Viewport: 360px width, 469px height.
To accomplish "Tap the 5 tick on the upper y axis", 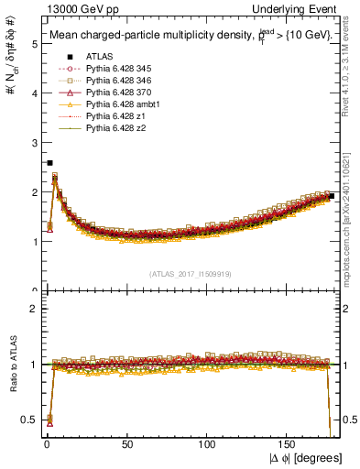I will click(x=34, y=43).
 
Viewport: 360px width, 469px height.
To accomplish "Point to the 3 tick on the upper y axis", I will click(x=34, y=143).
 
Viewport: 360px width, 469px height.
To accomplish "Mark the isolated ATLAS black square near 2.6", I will click(x=49, y=162).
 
